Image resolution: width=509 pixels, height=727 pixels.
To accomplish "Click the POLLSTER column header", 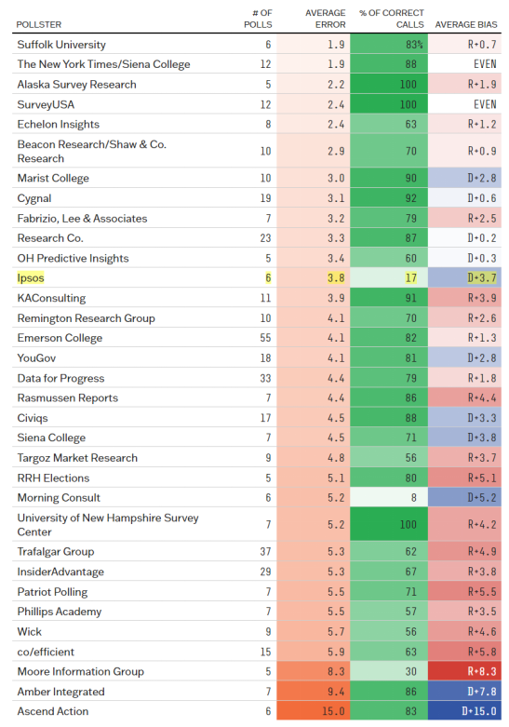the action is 38,24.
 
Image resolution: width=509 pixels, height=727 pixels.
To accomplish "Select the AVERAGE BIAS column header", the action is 466,24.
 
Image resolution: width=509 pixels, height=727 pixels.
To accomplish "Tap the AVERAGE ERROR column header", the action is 325,19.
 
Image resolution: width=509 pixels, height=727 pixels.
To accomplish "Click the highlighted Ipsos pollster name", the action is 31,277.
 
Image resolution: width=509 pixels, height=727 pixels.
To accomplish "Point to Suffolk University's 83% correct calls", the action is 414,45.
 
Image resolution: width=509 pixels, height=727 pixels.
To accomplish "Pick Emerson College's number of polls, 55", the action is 265,338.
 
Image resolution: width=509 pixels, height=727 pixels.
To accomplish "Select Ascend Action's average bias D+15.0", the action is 479,711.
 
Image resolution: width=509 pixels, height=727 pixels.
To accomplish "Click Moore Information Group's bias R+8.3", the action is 482,671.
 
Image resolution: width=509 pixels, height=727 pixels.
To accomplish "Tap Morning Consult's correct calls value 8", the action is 413,497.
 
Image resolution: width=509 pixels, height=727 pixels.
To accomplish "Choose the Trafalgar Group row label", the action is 56,551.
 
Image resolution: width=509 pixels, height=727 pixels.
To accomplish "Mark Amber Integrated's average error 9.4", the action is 336,692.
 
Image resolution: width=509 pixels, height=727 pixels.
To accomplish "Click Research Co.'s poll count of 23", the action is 265,238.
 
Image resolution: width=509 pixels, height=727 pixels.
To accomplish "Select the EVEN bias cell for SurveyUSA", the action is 485,104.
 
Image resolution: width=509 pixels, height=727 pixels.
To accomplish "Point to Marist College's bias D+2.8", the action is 482,178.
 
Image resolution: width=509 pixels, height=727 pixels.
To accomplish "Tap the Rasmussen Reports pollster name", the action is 68,397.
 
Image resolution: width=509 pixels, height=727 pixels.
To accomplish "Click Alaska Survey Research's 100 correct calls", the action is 409,85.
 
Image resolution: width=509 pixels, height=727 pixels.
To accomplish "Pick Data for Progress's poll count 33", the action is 265,378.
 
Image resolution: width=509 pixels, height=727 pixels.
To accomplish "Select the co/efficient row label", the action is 46,652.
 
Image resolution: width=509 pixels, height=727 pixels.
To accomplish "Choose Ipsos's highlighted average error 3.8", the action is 336,277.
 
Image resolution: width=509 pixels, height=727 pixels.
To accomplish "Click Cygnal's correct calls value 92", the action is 410,198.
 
